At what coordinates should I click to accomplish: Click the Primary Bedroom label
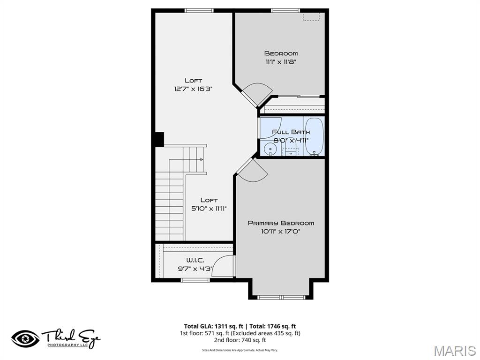click(281, 223)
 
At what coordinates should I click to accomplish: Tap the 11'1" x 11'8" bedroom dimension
click(281, 61)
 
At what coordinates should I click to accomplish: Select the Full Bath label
click(291, 132)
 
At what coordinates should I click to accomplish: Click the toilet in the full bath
click(292, 150)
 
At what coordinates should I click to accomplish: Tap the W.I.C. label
click(195, 260)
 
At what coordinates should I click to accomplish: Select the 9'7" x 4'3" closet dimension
click(195, 269)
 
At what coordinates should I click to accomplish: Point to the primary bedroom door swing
click(254, 170)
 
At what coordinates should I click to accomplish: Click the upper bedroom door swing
click(257, 94)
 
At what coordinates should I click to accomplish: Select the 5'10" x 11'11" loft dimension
click(209, 209)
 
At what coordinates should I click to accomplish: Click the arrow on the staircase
click(202, 160)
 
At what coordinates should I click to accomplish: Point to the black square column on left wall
click(159, 140)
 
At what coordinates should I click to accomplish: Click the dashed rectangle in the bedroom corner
click(312, 17)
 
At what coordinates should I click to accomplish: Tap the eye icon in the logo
click(25, 339)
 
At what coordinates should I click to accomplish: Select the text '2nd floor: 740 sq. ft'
click(240, 340)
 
